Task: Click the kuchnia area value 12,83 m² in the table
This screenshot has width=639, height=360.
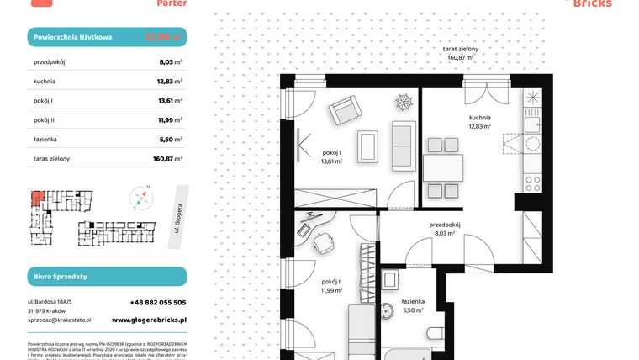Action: click(x=172, y=81)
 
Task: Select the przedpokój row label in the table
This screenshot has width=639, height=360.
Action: click(x=50, y=61)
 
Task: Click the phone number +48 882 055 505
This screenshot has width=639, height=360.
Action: click(x=148, y=302)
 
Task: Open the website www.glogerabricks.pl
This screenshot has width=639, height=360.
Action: click(x=149, y=320)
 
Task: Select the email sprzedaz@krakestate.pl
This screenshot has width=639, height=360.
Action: click(x=59, y=320)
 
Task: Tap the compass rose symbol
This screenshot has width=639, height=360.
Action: click(x=142, y=199)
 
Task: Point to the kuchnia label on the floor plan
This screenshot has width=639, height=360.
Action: click(x=480, y=118)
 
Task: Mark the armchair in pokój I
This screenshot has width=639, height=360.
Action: click(x=344, y=109)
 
